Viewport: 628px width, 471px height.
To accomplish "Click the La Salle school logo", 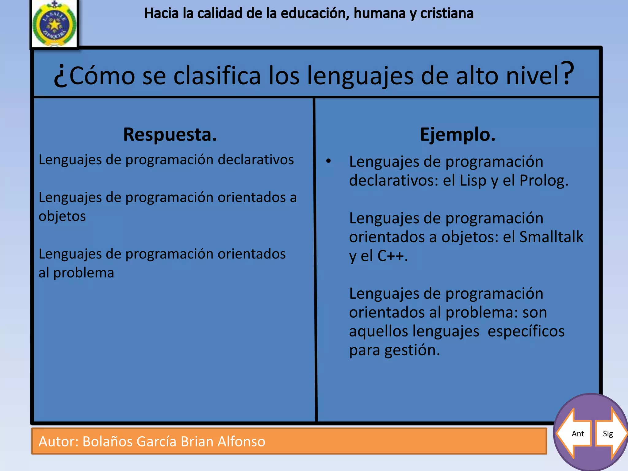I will [54, 24].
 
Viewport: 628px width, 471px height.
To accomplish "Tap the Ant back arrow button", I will [574, 433].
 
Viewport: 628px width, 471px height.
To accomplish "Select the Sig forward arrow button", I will [611, 433].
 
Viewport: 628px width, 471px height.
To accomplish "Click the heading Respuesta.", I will [170, 135].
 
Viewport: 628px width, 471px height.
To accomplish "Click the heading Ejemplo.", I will [458, 135].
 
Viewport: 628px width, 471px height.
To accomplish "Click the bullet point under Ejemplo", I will [328, 161].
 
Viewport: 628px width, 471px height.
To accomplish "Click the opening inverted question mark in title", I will [60, 77].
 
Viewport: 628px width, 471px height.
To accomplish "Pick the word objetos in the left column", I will [62, 216].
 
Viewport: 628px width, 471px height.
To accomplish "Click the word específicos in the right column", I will [526, 331].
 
